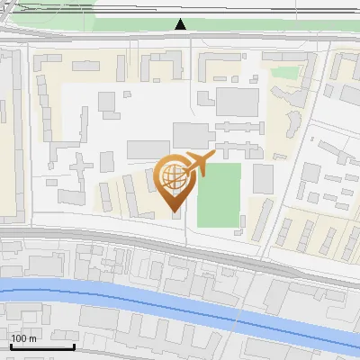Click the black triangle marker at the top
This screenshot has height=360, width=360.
(181, 25)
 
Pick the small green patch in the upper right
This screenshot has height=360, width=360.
(285, 73)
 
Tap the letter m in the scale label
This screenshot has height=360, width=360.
(33, 338)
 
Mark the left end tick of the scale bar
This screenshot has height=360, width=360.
(10, 346)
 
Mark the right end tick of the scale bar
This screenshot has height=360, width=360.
(74, 346)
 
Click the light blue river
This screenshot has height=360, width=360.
(135, 301)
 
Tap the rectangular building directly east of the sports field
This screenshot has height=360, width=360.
(262, 179)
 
